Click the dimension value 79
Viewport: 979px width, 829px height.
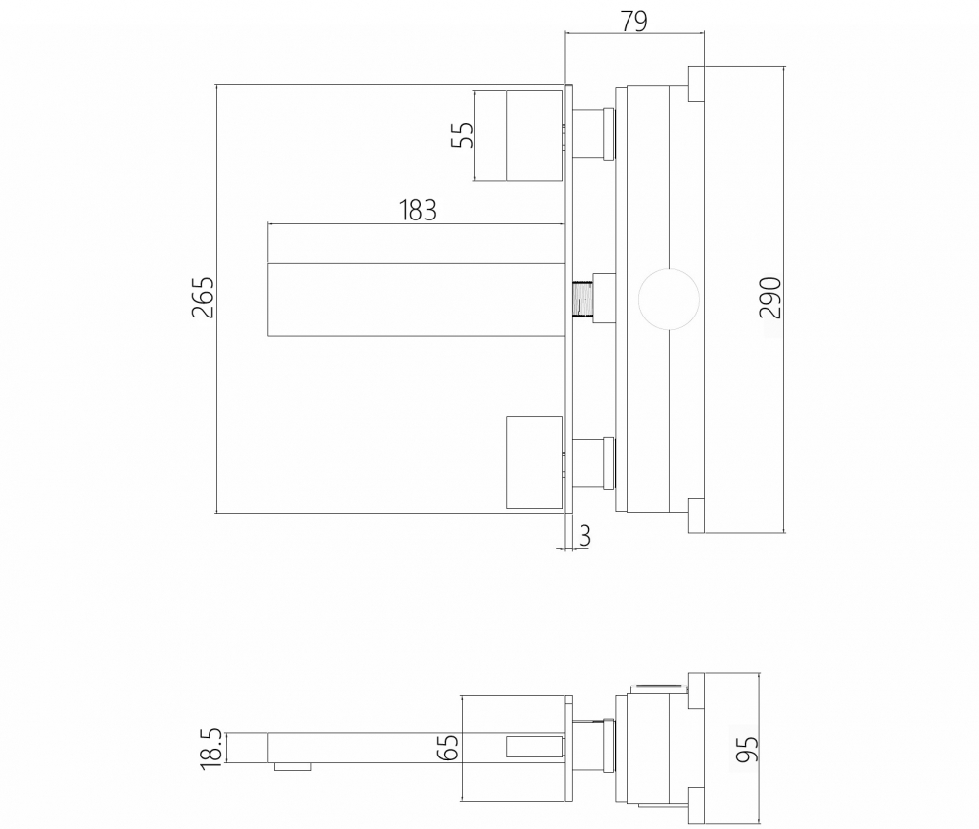(x=634, y=21)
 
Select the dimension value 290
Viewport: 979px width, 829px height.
(x=770, y=298)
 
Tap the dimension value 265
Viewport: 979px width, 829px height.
(x=203, y=298)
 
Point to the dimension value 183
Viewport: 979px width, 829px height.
(x=417, y=211)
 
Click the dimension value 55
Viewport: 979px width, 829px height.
(x=462, y=135)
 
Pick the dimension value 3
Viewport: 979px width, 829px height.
(x=585, y=536)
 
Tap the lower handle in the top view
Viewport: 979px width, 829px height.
(x=535, y=463)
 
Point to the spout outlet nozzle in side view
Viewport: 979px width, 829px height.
(x=293, y=766)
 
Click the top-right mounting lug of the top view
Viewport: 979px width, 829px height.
(x=696, y=83)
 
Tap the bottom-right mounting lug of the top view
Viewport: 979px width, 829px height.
(x=696, y=515)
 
